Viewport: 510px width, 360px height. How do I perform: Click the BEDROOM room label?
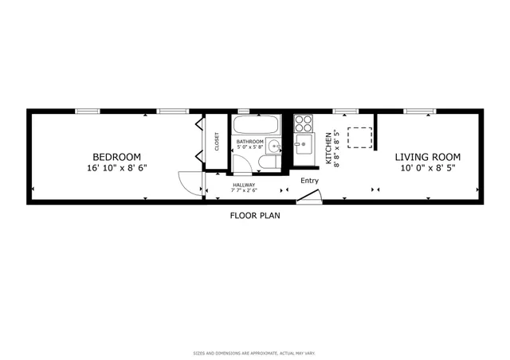[x=116, y=157]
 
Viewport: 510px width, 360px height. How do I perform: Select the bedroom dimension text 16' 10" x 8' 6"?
[x=116, y=168]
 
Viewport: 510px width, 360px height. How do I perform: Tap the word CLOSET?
[x=217, y=141]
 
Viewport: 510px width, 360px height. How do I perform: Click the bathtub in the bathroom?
[x=256, y=125]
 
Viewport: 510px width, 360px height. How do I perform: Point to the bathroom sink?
[x=273, y=146]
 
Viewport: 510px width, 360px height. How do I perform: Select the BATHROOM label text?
[x=251, y=141]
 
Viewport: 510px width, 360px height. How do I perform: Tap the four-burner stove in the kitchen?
[x=304, y=123]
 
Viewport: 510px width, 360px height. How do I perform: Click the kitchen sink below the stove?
[x=304, y=145]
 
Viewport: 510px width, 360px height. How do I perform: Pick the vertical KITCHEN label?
[x=329, y=148]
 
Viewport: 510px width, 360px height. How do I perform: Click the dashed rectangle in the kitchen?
[x=362, y=137]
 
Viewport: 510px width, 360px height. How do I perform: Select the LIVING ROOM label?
[x=428, y=157]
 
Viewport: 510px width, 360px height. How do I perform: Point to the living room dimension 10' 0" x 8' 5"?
[x=428, y=168]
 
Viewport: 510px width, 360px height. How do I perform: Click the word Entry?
[x=309, y=181]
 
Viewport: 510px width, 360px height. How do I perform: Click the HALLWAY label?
[x=244, y=185]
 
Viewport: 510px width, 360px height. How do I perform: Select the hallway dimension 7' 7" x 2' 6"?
[x=244, y=190]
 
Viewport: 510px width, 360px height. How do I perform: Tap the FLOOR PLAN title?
[x=255, y=215]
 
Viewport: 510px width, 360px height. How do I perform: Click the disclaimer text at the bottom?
[x=255, y=351]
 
